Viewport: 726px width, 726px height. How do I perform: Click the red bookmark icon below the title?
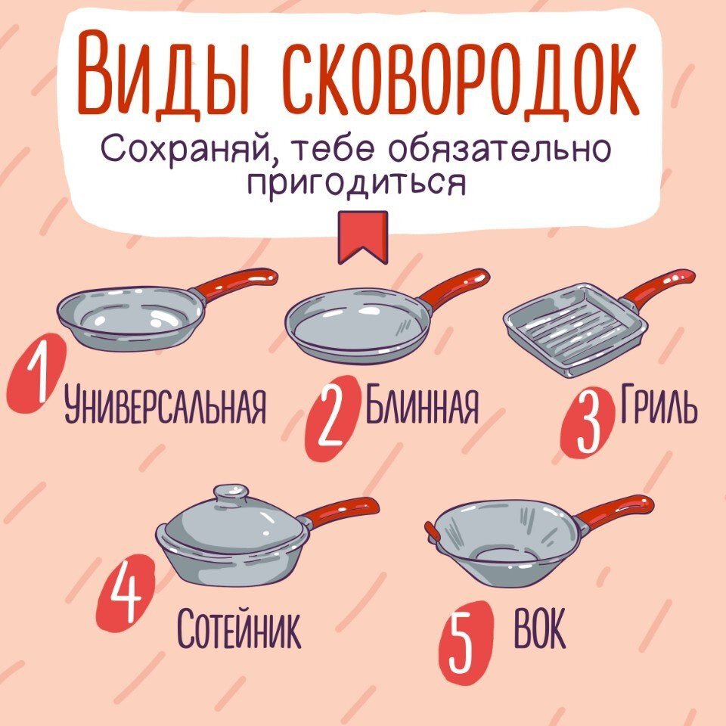362,237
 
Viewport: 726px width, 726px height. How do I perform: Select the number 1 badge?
36,374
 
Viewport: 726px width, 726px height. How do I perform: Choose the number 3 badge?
587,422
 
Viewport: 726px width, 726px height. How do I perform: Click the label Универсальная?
166,405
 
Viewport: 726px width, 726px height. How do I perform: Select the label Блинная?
421,403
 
